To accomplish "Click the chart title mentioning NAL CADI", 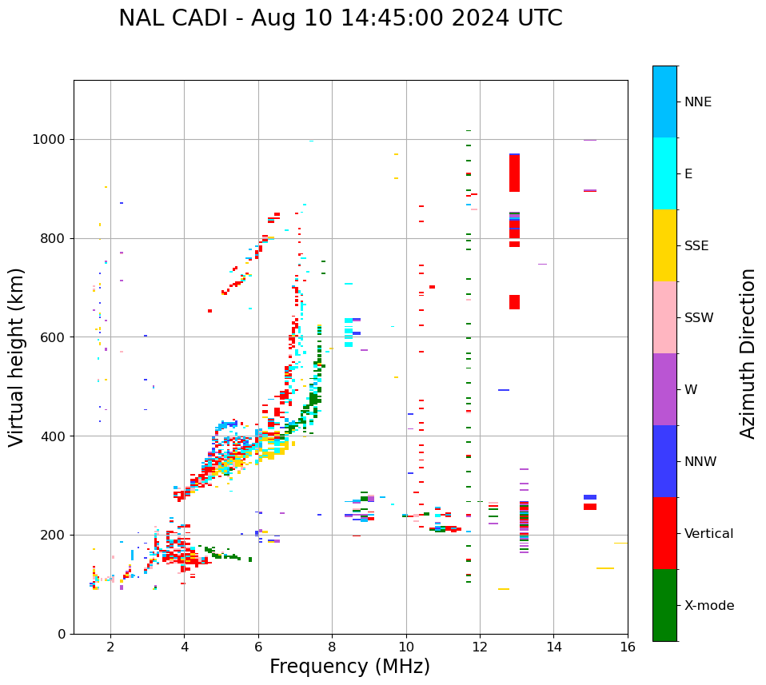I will [x=340, y=18].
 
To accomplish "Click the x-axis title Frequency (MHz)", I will [x=349, y=667].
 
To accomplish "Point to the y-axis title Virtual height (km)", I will [x=17, y=356].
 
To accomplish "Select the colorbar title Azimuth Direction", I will [x=748, y=352].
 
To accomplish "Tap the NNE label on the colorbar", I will [x=697, y=102].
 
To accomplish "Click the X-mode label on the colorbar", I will [x=708, y=606].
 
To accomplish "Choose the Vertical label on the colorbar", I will [x=708, y=534].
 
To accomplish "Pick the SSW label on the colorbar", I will [x=698, y=318].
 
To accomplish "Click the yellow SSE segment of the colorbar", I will [x=664, y=245].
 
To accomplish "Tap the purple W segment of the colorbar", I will [x=664, y=389].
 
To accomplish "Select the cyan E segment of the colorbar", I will [x=664, y=173].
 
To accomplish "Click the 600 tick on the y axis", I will [x=55, y=337].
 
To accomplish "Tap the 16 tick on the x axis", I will [x=628, y=647].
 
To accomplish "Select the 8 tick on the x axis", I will [x=332, y=647].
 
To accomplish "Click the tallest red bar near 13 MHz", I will [x=514, y=173].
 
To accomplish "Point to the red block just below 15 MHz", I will [x=590, y=507].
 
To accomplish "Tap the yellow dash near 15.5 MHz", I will [x=604, y=568].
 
